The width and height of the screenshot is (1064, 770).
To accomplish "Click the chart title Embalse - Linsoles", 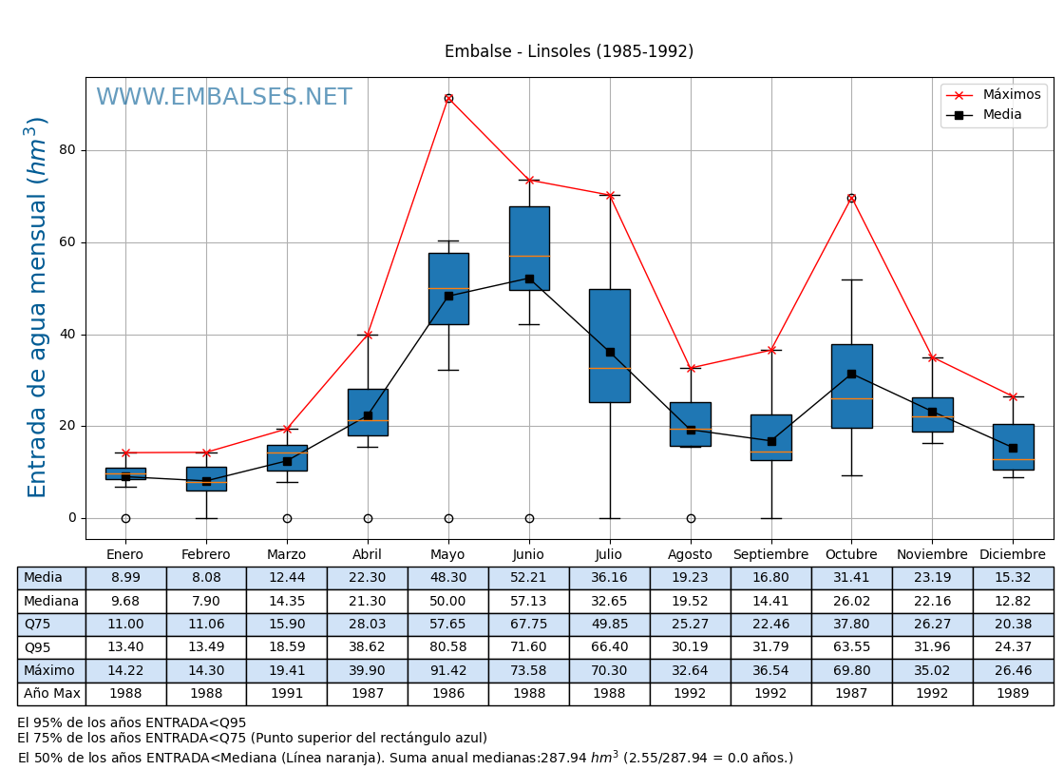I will click(x=568, y=52).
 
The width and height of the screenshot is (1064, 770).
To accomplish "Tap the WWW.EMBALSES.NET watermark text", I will click(x=223, y=98).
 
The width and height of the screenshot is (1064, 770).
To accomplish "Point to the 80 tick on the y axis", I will click(x=66, y=150).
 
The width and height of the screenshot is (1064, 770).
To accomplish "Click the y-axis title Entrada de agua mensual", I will click(x=37, y=306).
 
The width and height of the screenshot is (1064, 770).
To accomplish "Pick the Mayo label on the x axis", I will click(x=447, y=555).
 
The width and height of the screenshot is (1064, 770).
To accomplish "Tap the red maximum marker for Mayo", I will click(x=448, y=98).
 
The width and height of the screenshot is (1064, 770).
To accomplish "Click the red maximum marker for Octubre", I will click(x=851, y=198).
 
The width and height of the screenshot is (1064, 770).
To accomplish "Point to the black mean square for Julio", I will click(x=610, y=352).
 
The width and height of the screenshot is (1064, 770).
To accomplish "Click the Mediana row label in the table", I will click(x=51, y=601).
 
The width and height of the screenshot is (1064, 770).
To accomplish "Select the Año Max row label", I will click(x=51, y=694).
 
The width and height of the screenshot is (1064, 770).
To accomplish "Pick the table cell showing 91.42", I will click(x=447, y=671).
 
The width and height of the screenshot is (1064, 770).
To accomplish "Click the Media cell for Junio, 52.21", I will click(x=528, y=578).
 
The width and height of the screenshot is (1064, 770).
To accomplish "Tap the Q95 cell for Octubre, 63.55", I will click(x=851, y=647).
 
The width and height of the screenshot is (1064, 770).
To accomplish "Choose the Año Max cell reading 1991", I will click(x=286, y=694).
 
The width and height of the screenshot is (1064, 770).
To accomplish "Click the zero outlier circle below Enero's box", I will click(x=125, y=518).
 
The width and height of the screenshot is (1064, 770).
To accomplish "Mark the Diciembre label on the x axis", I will click(x=1013, y=555).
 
